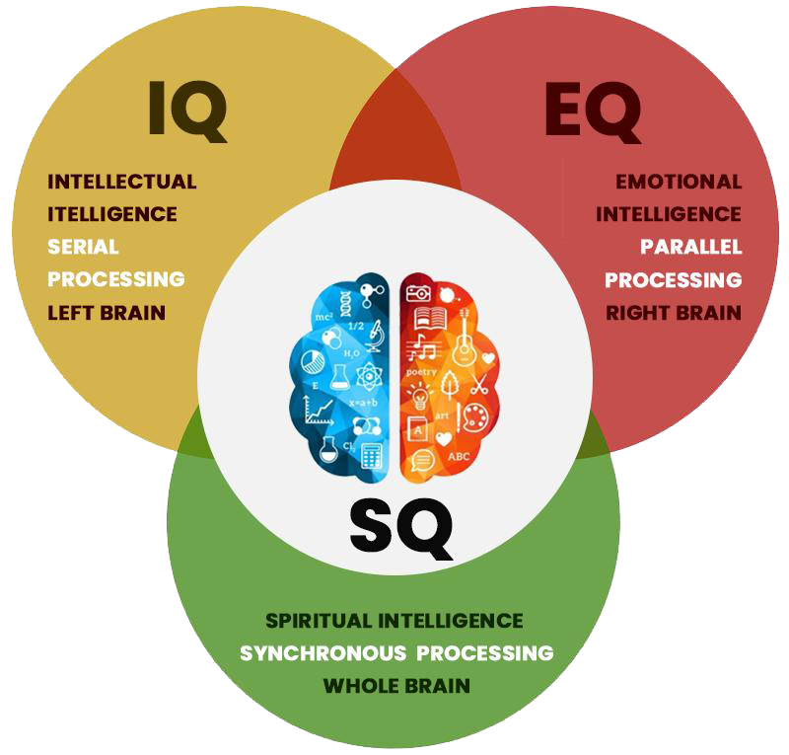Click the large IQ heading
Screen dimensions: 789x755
(x=187, y=111)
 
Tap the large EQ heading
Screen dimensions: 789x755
(x=594, y=112)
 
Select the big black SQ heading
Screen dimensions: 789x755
(x=401, y=529)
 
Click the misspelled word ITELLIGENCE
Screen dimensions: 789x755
(x=112, y=214)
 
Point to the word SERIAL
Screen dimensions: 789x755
(x=83, y=247)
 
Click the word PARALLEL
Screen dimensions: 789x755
(x=691, y=247)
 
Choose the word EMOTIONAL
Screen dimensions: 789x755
(x=679, y=182)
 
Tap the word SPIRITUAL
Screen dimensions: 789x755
(x=319, y=621)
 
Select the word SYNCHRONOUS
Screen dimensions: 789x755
(x=323, y=653)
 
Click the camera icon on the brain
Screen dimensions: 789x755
(x=418, y=293)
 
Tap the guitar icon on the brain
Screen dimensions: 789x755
(x=464, y=338)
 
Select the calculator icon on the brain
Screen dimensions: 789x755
(x=372, y=456)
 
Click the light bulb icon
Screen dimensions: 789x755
(x=420, y=396)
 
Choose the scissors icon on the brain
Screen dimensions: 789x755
(x=479, y=384)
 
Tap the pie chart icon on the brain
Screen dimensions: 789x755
(x=313, y=361)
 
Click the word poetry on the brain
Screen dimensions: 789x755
(x=421, y=372)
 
